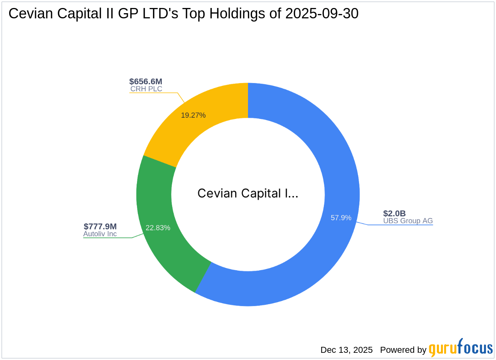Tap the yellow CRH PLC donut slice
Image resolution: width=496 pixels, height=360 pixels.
[x=208, y=104]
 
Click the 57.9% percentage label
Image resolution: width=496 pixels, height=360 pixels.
[x=341, y=218]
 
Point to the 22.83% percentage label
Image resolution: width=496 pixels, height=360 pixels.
[x=158, y=228]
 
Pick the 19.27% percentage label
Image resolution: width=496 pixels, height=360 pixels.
[x=193, y=115]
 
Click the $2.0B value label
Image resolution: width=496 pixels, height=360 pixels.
[x=394, y=214]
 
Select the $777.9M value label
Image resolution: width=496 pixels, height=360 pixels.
[x=100, y=226]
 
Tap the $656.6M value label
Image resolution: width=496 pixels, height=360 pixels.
[x=146, y=81]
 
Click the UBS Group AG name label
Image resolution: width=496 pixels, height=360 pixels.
[x=408, y=221]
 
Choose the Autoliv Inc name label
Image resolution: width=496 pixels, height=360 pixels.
[x=100, y=234]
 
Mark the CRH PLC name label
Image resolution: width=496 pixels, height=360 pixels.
[x=146, y=89]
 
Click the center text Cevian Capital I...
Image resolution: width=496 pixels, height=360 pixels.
[x=248, y=194]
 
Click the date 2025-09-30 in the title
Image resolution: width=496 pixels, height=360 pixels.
[x=322, y=14]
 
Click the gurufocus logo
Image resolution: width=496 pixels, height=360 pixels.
[x=461, y=348]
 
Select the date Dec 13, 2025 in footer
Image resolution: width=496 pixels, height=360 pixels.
[x=346, y=350]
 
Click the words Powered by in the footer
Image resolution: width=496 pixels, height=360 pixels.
[x=403, y=350]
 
